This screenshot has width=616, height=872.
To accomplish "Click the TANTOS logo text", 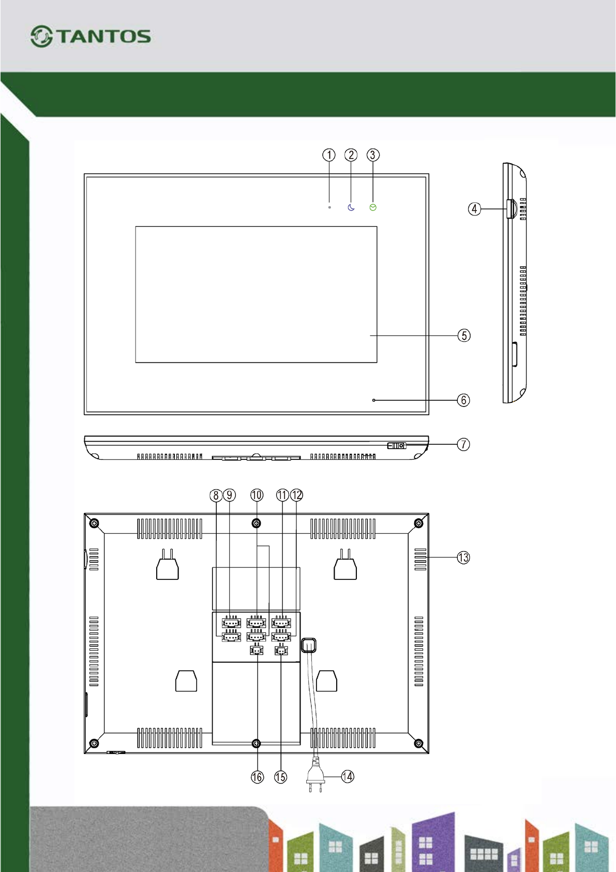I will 103,36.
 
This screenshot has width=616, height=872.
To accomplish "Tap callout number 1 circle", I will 329,155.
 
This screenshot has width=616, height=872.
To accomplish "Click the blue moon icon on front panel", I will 351,208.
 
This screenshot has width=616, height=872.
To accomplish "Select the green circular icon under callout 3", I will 373,208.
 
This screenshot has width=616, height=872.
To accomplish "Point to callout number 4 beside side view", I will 474,209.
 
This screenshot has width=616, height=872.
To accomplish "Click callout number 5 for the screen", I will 464,336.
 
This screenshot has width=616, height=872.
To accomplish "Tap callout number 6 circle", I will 463,400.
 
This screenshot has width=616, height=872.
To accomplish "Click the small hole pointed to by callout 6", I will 374,400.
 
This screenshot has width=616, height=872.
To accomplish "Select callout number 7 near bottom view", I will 463,444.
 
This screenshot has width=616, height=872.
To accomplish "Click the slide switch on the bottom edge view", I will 397,445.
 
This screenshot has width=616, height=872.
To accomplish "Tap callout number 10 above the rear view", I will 257,495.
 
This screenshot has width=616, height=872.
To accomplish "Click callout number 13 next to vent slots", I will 463,558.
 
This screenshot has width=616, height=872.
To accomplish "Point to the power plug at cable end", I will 315,777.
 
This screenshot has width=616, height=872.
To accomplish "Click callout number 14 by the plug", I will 348,776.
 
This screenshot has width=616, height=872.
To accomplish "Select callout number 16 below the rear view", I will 257,777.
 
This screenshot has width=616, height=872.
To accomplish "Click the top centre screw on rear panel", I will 256,524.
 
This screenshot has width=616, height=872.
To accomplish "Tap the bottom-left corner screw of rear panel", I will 94,744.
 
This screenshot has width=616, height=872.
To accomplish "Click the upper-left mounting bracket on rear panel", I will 168,568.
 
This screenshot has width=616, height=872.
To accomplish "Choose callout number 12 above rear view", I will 296,495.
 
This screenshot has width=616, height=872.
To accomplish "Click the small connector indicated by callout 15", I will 281,651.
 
